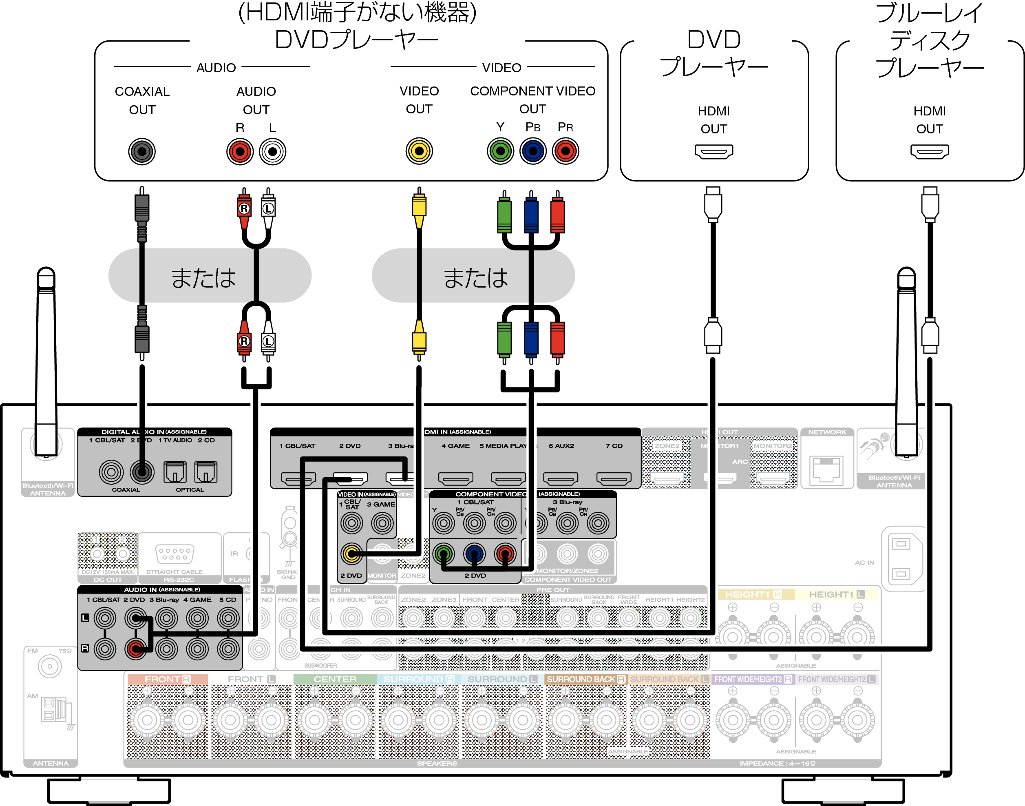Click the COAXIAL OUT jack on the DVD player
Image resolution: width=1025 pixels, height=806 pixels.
click(141, 151)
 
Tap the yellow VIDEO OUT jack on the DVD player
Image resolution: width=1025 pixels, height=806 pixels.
click(419, 151)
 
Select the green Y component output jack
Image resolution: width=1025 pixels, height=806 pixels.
click(500, 151)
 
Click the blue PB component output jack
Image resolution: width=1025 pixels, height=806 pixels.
click(532, 151)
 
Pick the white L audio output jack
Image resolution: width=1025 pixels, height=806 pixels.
click(273, 151)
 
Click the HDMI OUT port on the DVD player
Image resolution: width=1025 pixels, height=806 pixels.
click(713, 151)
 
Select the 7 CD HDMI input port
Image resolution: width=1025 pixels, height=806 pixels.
click(613, 478)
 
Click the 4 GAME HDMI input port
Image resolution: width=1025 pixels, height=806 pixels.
click(455, 478)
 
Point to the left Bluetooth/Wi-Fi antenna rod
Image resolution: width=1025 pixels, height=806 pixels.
click(46, 359)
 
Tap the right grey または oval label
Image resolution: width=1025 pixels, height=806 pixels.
click(473, 276)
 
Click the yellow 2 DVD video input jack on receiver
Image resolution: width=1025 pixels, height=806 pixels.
click(351, 554)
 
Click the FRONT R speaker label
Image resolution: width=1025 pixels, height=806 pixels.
click(167, 679)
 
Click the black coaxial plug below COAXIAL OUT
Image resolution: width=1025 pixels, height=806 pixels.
click(141, 208)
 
